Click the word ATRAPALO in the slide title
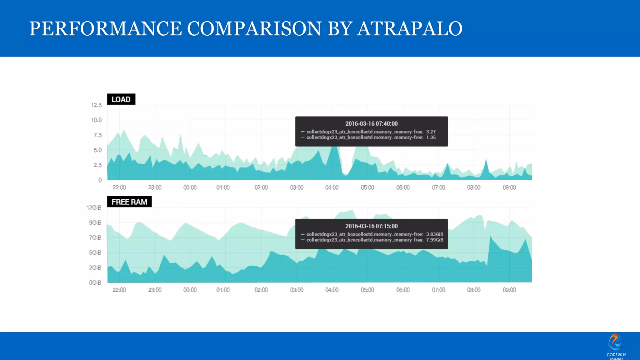pos(410,29)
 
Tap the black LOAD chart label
pos(121,99)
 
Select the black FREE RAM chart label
pos(129,202)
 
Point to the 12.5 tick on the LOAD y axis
pos(96,105)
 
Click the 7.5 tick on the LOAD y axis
pos(97,135)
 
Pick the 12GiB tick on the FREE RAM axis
pos(94,208)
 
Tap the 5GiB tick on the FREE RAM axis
pos(95,253)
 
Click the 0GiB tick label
pos(95,283)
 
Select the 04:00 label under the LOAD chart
pos(332,187)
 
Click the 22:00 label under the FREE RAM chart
pos(119,290)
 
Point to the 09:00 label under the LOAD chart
pos(509,187)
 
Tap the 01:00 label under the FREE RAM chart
pos(223,290)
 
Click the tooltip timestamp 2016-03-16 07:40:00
pos(371,124)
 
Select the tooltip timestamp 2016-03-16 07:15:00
pos(371,226)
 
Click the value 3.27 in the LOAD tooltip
pos(431,132)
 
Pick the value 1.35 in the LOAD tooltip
pos(431,137)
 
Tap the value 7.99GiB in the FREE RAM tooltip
pos(434,240)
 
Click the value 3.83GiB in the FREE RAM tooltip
pos(434,234)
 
